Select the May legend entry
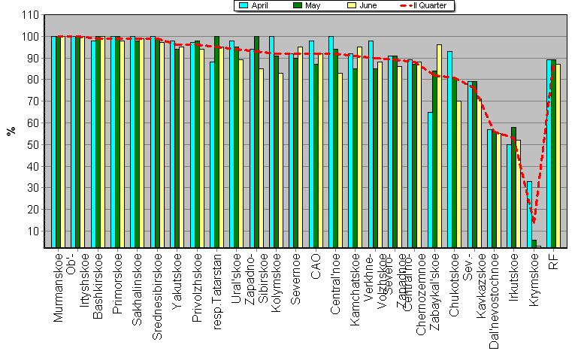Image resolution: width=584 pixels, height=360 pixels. [x=307, y=5]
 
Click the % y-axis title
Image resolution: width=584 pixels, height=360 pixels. [x=11, y=131]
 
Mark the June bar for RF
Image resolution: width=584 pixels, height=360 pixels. [x=558, y=156]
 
